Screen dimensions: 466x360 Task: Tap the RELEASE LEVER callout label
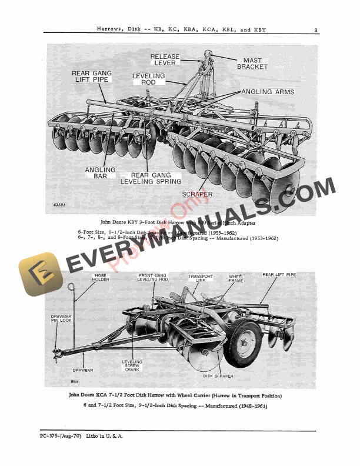click(165, 61)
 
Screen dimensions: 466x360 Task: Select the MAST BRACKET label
click(252, 64)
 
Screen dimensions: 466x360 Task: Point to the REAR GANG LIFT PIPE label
click(91, 77)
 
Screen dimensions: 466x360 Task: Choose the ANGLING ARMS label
click(268, 92)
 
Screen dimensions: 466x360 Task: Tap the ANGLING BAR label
click(101, 174)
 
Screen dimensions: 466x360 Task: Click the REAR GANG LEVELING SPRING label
click(151, 178)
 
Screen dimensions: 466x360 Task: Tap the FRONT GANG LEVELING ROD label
click(154, 278)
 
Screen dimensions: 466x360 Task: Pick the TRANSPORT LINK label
click(201, 278)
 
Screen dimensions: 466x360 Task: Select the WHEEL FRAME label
click(236, 278)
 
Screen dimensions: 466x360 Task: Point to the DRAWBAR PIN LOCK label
click(61, 321)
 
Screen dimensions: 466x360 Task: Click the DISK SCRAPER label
click(218, 376)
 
